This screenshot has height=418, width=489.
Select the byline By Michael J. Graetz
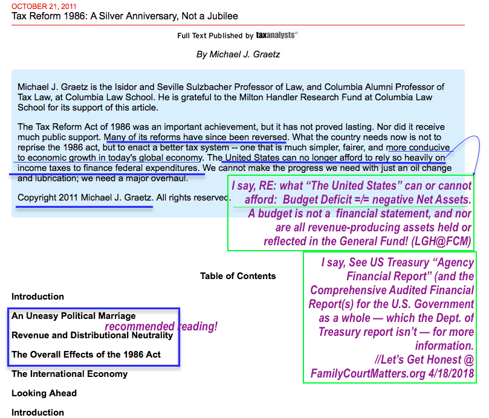[238, 54]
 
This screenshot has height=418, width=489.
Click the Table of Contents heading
[238, 276]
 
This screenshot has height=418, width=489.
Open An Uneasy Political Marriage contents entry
[73, 316]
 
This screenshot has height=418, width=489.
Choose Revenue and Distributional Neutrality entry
[92, 335]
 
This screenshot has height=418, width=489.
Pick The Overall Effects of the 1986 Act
[86, 355]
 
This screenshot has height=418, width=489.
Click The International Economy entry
[70, 374]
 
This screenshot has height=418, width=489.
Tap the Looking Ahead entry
[44, 393]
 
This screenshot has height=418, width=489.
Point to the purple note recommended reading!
[161, 327]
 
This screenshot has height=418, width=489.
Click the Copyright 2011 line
[85, 198]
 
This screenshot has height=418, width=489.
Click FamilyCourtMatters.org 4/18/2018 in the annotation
[393, 374]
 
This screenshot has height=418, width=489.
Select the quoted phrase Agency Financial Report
[400, 271]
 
